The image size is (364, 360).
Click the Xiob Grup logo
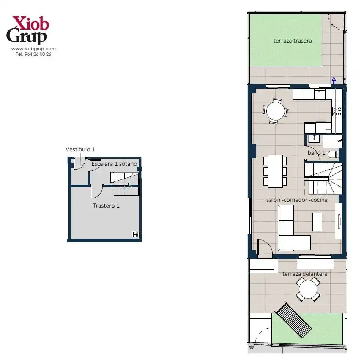27,30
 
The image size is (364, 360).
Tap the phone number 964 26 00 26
38,54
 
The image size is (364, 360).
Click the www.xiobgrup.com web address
33,49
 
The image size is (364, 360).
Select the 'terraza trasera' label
293,41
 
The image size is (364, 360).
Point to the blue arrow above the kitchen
334,80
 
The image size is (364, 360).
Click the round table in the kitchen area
275,111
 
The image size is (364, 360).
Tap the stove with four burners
337,112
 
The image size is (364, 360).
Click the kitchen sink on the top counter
320,94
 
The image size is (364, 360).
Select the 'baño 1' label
316,153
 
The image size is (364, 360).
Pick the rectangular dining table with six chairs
275,171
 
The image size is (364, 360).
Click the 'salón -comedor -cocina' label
297,200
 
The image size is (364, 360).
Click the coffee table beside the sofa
317,222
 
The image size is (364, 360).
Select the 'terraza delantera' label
305,274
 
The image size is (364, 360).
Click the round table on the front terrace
308,289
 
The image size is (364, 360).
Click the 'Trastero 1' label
106,206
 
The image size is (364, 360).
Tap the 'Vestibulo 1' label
80,149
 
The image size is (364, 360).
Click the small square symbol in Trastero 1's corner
135,234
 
